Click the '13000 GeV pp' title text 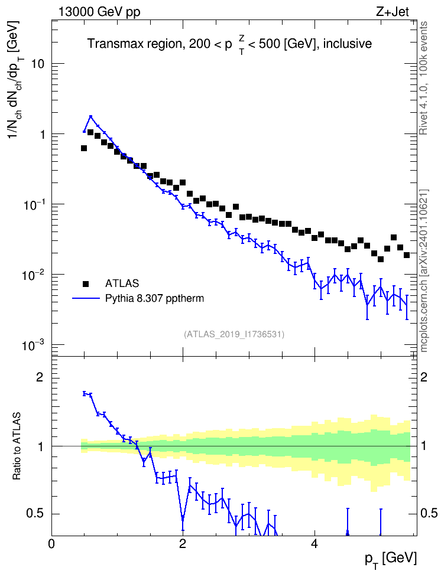click(99, 12)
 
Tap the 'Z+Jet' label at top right click(393, 12)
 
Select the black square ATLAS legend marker click(86, 283)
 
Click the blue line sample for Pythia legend click(86, 299)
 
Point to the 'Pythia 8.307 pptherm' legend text click(154, 299)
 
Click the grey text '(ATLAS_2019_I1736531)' click(234, 334)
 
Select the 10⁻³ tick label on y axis click(34, 345)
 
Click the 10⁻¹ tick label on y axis click(34, 204)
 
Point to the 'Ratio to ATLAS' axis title click(17, 446)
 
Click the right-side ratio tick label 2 click(424, 377)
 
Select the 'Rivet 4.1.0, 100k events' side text click(423, 79)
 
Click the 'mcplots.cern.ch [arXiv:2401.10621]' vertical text click(423, 270)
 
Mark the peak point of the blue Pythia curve click(90, 117)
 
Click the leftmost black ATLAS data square click(83, 148)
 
